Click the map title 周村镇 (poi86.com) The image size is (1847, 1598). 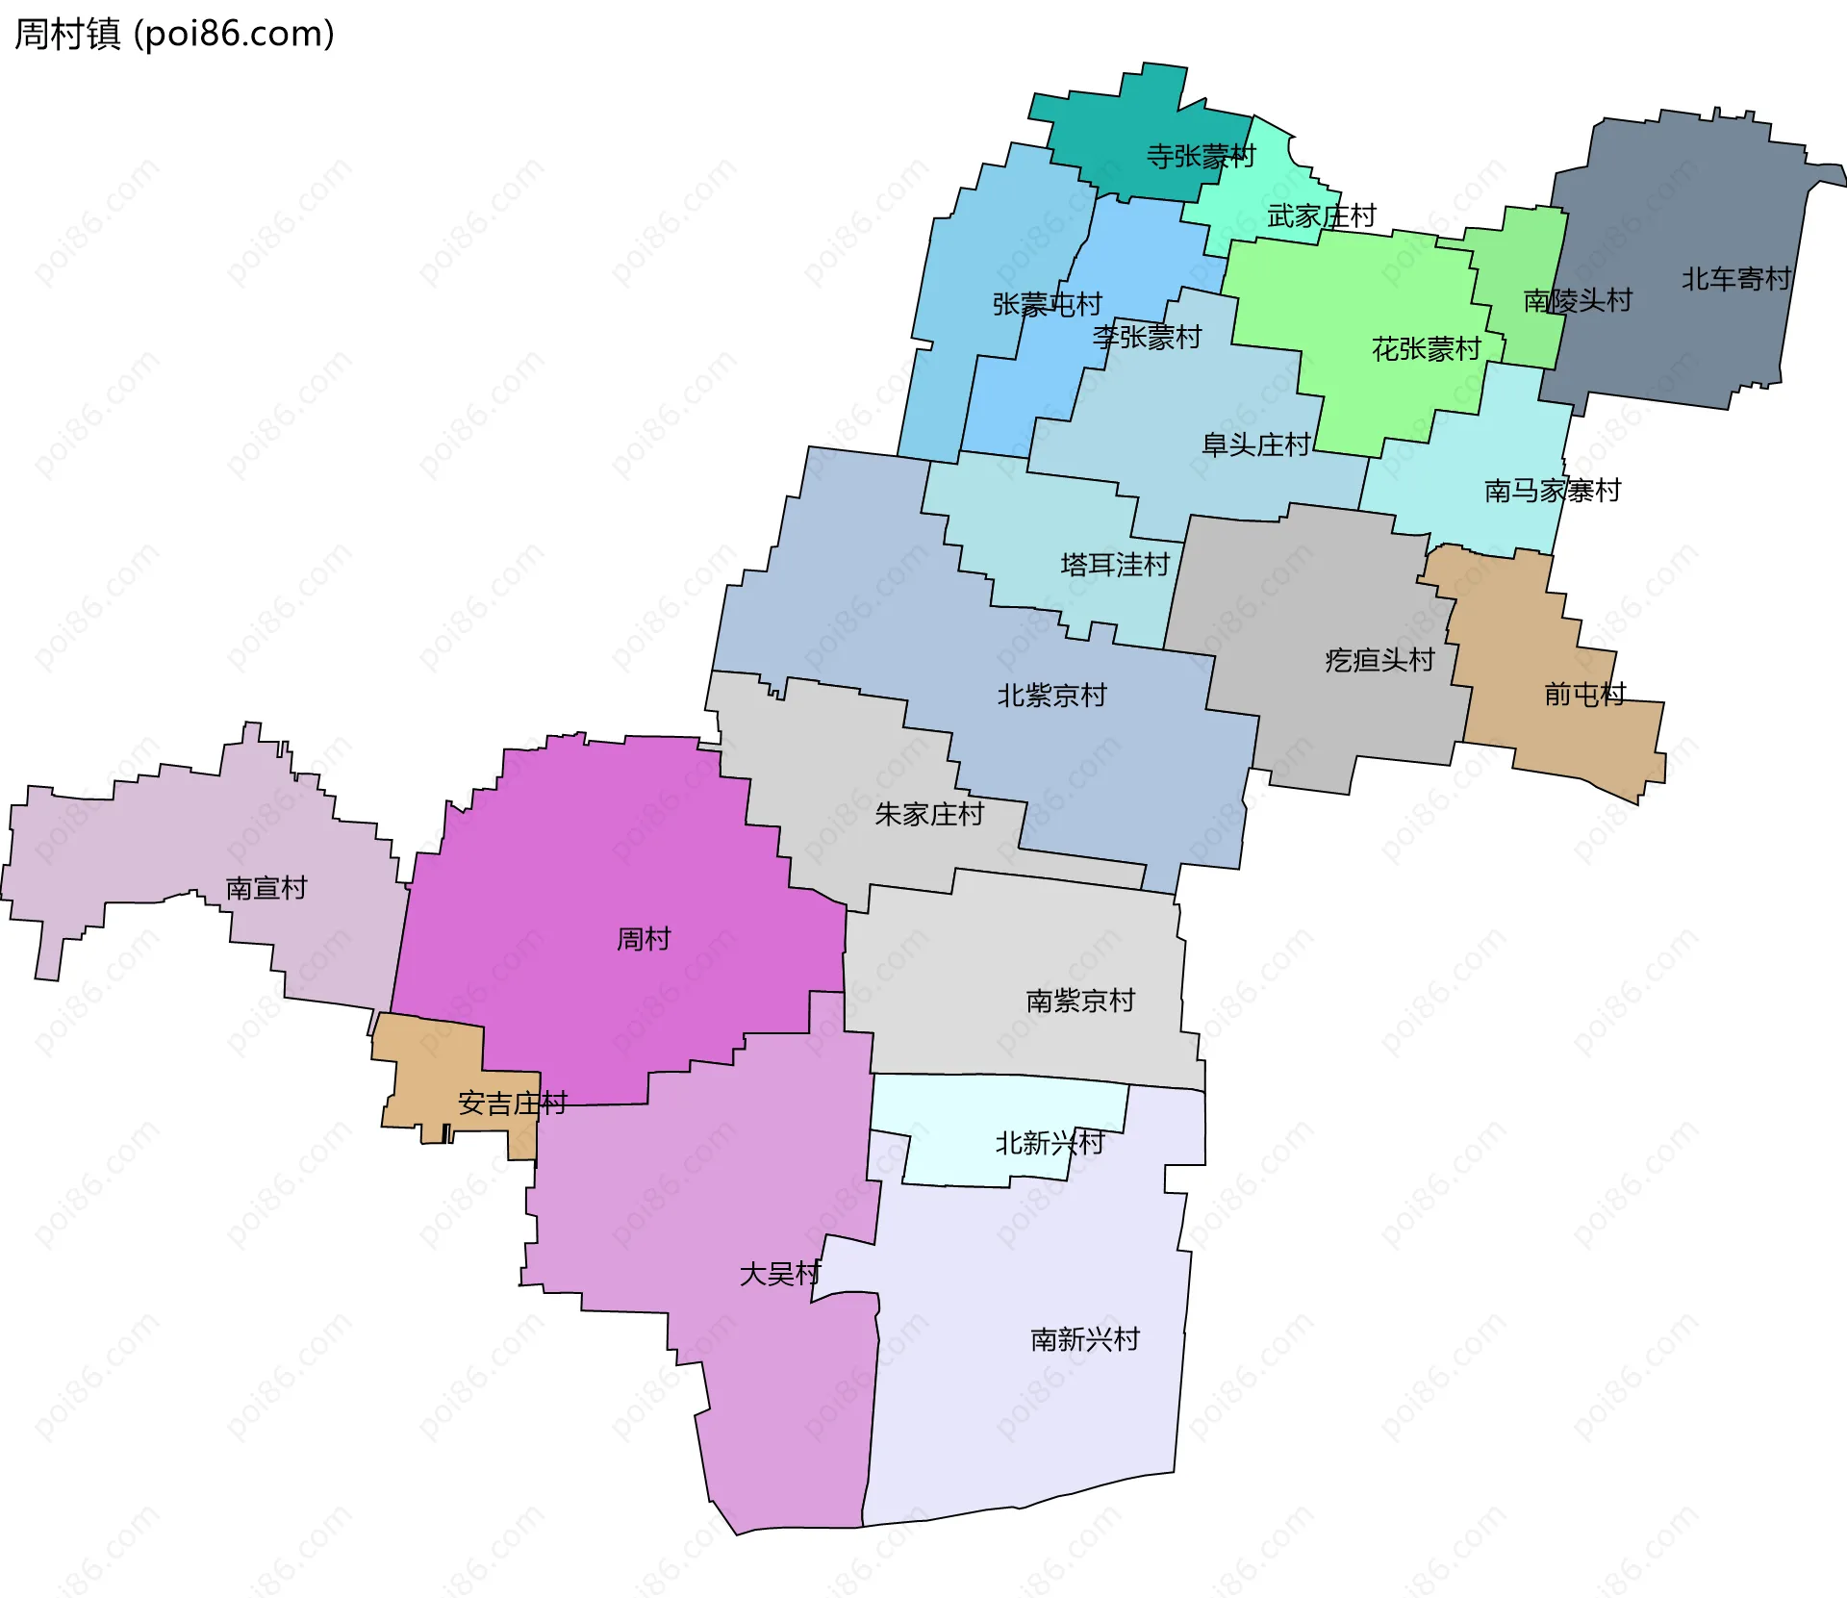(x=174, y=34)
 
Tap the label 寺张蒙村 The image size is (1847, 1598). (x=1201, y=156)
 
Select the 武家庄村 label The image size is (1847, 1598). (x=1322, y=216)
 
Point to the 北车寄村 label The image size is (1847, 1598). (x=1735, y=279)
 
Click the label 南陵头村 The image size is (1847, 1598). (x=1578, y=300)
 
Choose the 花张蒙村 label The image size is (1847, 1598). (x=1426, y=348)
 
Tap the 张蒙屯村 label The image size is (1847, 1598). (x=1047, y=304)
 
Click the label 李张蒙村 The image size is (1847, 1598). (x=1147, y=337)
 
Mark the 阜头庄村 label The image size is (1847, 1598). (x=1256, y=444)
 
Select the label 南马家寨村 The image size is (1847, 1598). (x=1552, y=491)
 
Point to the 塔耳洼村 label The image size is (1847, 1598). (x=1115, y=565)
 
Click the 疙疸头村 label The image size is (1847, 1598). (x=1379, y=660)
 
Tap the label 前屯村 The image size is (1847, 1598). (x=1584, y=694)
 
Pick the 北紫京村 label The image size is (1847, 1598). (x=1051, y=696)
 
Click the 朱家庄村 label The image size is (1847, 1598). (x=929, y=815)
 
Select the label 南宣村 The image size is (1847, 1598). (x=266, y=888)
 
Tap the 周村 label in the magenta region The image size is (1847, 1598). (x=644, y=939)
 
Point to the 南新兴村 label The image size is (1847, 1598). (x=1085, y=1339)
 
